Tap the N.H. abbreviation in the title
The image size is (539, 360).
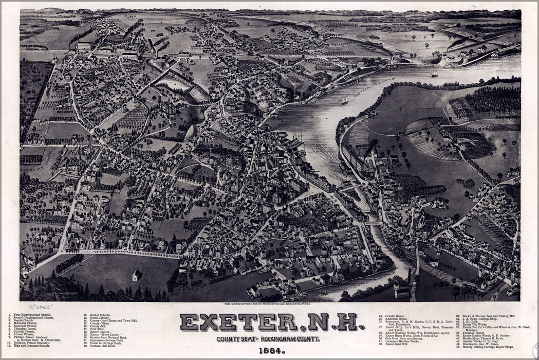coord(333,322)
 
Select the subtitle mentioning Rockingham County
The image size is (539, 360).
coord(268,339)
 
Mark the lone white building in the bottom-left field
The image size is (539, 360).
coord(136,276)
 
